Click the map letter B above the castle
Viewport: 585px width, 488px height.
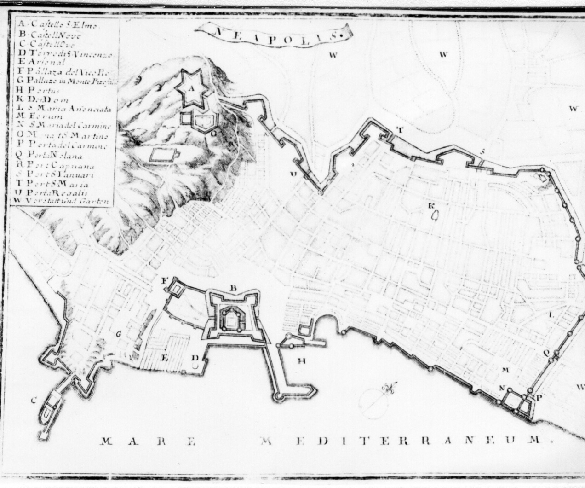pyautogui.click(x=233, y=289)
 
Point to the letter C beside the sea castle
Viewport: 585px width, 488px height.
pyautogui.click(x=33, y=401)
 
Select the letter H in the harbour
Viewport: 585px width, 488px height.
pyautogui.click(x=301, y=361)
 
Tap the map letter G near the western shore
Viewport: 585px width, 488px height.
pyautogui.click(x=118, y=334)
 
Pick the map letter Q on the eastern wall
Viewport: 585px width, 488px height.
pyautogui.click(x=546, y=353)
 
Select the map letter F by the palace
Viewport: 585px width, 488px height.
pyautogui.click(x=163, y=279)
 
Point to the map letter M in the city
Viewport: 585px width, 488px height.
pyautogui.click(x=505, y=370)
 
